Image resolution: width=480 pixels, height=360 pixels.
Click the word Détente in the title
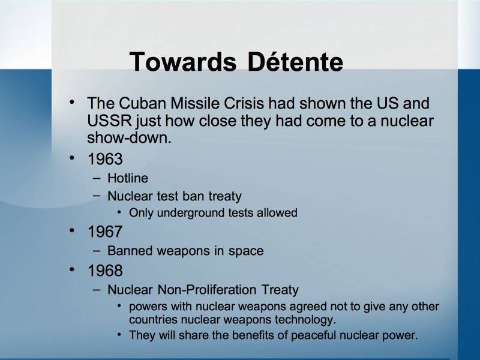(295, 62)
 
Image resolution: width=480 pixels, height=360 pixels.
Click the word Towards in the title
(183, 62)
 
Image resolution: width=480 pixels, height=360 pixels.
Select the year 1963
(105, 159)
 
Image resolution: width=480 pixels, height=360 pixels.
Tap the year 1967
(105, 232)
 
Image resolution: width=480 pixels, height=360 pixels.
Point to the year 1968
(105, 271)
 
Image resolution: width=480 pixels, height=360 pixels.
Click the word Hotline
(128, 178)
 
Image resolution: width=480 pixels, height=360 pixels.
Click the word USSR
(109, 121)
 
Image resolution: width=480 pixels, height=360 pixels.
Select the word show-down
(129, 138)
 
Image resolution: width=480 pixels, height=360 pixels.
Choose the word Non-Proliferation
(206, 290)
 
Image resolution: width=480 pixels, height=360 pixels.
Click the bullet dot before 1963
(72, 158)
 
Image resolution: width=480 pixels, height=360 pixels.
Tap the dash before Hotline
(97, 178)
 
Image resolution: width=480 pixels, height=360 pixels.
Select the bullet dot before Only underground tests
(119, 212)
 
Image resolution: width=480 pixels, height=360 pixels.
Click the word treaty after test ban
(225, 197)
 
